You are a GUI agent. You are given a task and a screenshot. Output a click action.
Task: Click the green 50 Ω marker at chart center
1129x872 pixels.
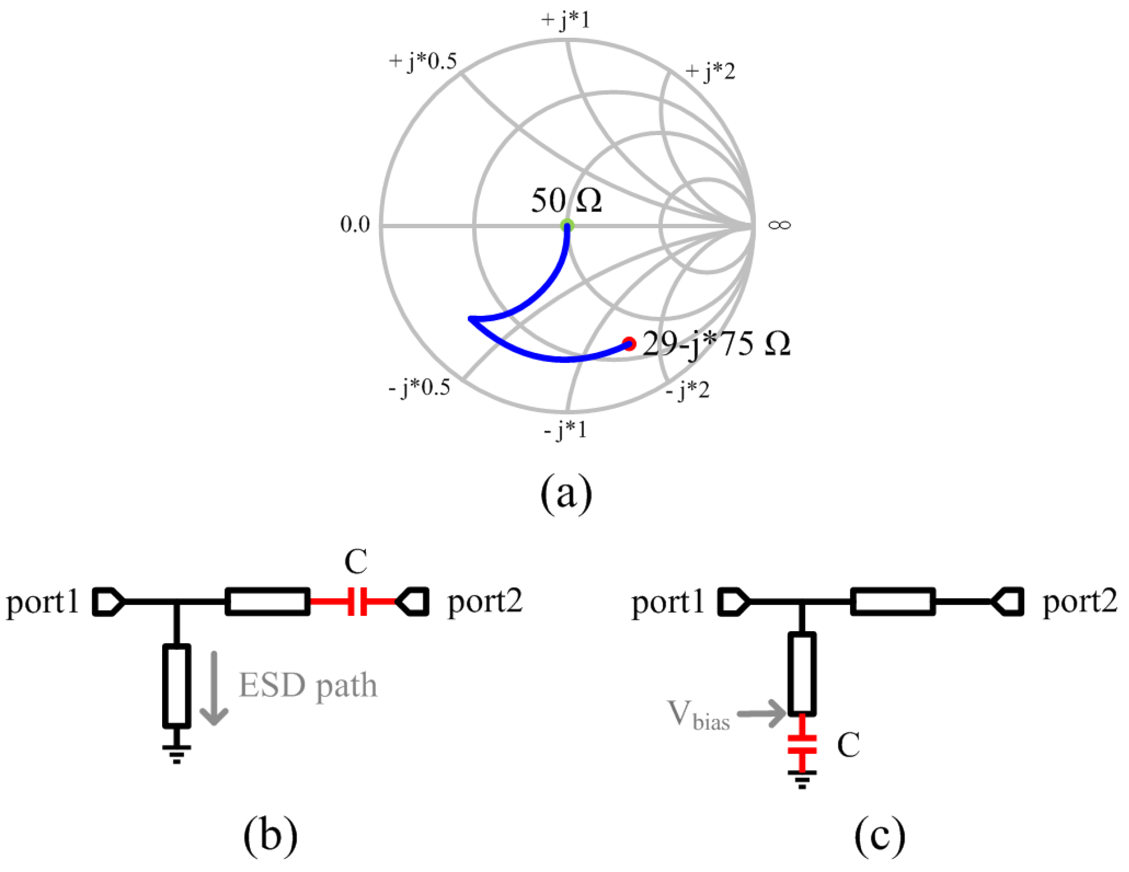click(567, 225)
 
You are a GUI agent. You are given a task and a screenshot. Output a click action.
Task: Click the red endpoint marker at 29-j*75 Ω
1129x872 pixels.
click(628, 344)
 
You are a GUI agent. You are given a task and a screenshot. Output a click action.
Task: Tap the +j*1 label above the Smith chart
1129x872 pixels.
click(566, 21)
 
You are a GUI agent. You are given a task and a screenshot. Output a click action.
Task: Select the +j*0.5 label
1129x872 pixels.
click(423, 62)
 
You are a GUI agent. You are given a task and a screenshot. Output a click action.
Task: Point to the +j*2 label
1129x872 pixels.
click(710, 71)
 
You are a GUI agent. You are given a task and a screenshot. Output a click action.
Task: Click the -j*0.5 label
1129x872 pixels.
click(419, 387)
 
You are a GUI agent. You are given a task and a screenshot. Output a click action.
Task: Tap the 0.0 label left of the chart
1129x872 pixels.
click(355, 224)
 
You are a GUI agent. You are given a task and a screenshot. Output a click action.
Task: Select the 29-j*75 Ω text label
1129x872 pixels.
click(717, 344)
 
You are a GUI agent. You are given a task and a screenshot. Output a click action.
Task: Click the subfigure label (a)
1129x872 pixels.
click(566, 494)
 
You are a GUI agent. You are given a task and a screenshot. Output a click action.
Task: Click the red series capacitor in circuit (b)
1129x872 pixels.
click(357, 601)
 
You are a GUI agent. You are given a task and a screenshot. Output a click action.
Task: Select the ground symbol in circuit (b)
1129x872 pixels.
click(177, 753)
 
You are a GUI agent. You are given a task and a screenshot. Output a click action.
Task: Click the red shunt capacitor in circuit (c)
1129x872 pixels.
click(802, 744)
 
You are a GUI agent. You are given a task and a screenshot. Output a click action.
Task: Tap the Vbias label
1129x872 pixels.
click(698, 715)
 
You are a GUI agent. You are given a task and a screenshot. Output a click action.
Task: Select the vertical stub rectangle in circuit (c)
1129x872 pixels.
click(802, 674)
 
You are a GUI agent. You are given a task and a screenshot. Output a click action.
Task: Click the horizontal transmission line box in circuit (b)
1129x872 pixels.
click(268, 601)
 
